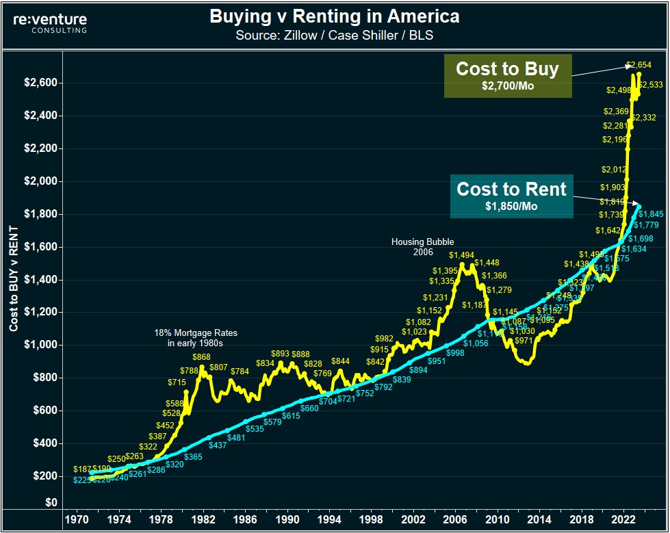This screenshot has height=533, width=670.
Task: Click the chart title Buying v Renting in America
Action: (x=335, y=16)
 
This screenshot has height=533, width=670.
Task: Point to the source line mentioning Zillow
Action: (x=335, y=35)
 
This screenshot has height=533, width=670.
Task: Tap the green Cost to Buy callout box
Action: (x=507, y=75)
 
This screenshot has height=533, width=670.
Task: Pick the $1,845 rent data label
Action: (x=651, y=213)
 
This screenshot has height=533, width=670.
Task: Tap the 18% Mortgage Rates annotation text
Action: (x=195, y=338)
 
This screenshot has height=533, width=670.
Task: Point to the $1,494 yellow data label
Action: (x=462, y=255)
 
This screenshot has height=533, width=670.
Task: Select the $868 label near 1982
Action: (x=201, y=357)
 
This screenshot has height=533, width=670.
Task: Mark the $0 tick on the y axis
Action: (x=50, y=503)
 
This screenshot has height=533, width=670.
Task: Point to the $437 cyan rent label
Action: (x=218, y=445)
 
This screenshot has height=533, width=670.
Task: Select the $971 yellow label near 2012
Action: (x=524, y=340)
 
